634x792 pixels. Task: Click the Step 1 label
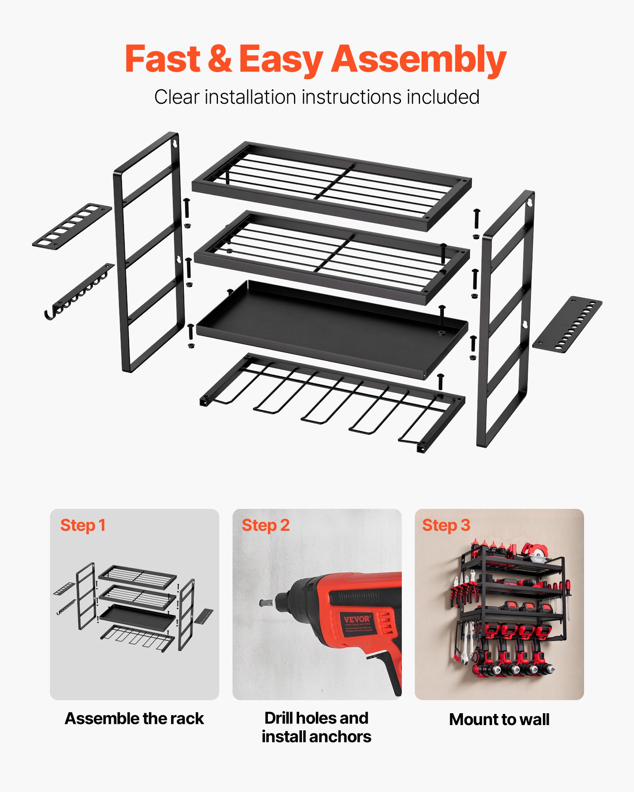pyautogui.click(x=83, y=525)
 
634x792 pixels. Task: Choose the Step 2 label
pyautogui.click(x=265, y=525)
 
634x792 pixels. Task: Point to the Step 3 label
pyautogui.click(x=446, y=525)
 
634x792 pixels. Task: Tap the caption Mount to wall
pyautogui.click(x=499, y=720)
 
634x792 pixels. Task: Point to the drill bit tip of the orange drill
pyautogui.click(x=263, y=603)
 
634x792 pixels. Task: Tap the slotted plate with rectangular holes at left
pyautogui.click(x=72, y=226)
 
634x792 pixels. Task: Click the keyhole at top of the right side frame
pyautogui.click(x=529, y=202)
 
